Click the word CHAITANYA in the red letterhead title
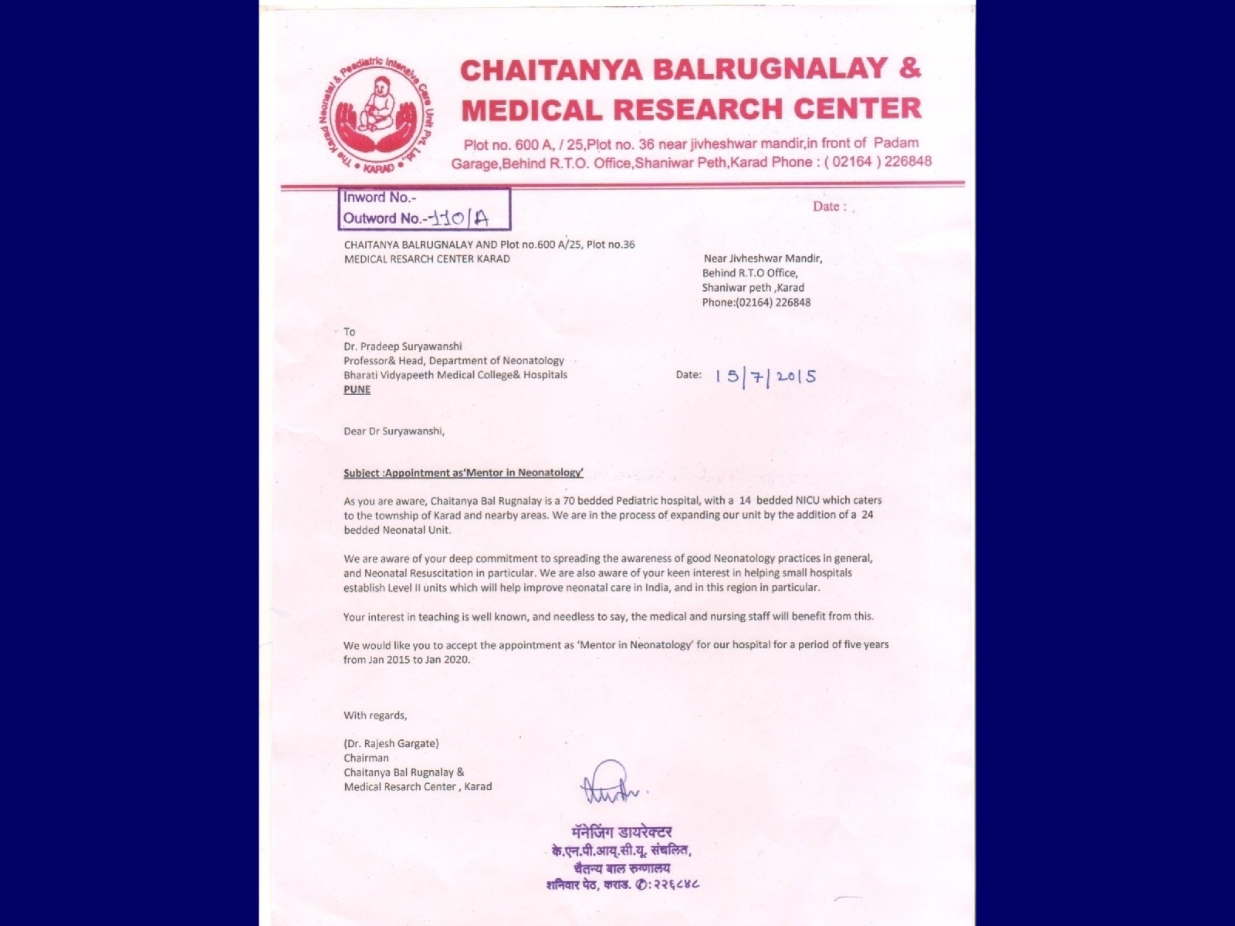click(551, 69)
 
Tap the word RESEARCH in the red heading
click(699, 109)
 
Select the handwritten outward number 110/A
click(461, 218)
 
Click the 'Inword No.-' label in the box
click(380, 198)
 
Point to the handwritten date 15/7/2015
click(765, 377)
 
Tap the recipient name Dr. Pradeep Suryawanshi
click(403, 346)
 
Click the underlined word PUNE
click(357, 390)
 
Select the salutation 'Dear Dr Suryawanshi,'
click(394, 431)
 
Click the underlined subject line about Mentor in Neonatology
click(463, 472)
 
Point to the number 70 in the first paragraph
click(570, 501)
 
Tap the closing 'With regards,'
click(375, 715)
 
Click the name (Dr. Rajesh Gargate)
click(391, 744)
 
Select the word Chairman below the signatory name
click(366, 758)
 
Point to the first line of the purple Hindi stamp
click(621, 832)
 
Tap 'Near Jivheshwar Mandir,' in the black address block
click(763, 259)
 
